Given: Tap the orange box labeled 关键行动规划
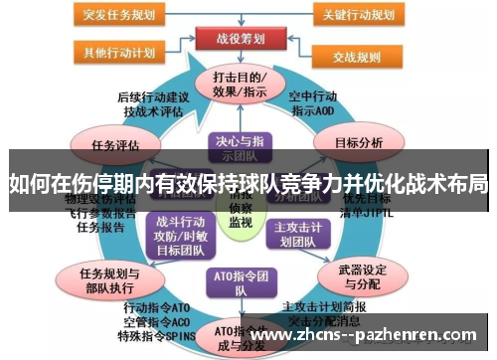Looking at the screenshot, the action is pos(372,15).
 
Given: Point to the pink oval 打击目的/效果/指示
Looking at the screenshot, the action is pos(238,85).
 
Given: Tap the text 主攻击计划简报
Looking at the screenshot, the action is pos(322,307).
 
